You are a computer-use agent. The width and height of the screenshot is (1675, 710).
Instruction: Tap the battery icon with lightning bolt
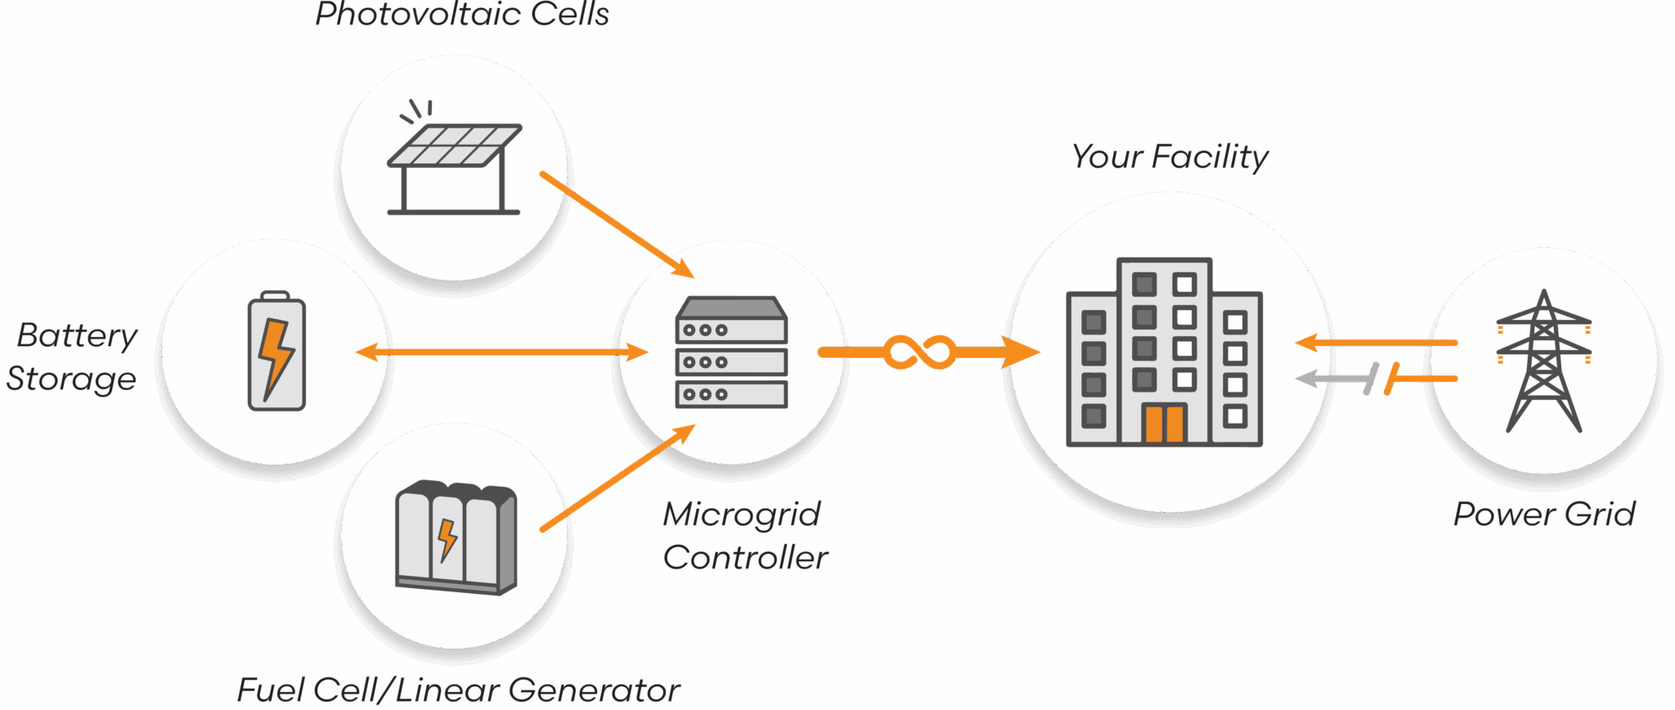[276, 352]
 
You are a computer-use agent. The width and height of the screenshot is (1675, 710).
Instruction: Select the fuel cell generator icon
[456, 537]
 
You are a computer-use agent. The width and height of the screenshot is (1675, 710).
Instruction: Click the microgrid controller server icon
[731, 353]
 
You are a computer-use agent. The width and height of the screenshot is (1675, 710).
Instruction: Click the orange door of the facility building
[1164, 423]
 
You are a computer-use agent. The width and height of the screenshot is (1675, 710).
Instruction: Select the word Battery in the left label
[77, 336]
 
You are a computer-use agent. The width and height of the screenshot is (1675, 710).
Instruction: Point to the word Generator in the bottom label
[595, 690]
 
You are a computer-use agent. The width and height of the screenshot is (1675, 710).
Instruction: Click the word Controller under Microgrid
[745, 558]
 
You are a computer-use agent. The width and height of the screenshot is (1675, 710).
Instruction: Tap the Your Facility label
[1170, 156]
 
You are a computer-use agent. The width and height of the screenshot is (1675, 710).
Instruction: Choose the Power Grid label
[1544, 514]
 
